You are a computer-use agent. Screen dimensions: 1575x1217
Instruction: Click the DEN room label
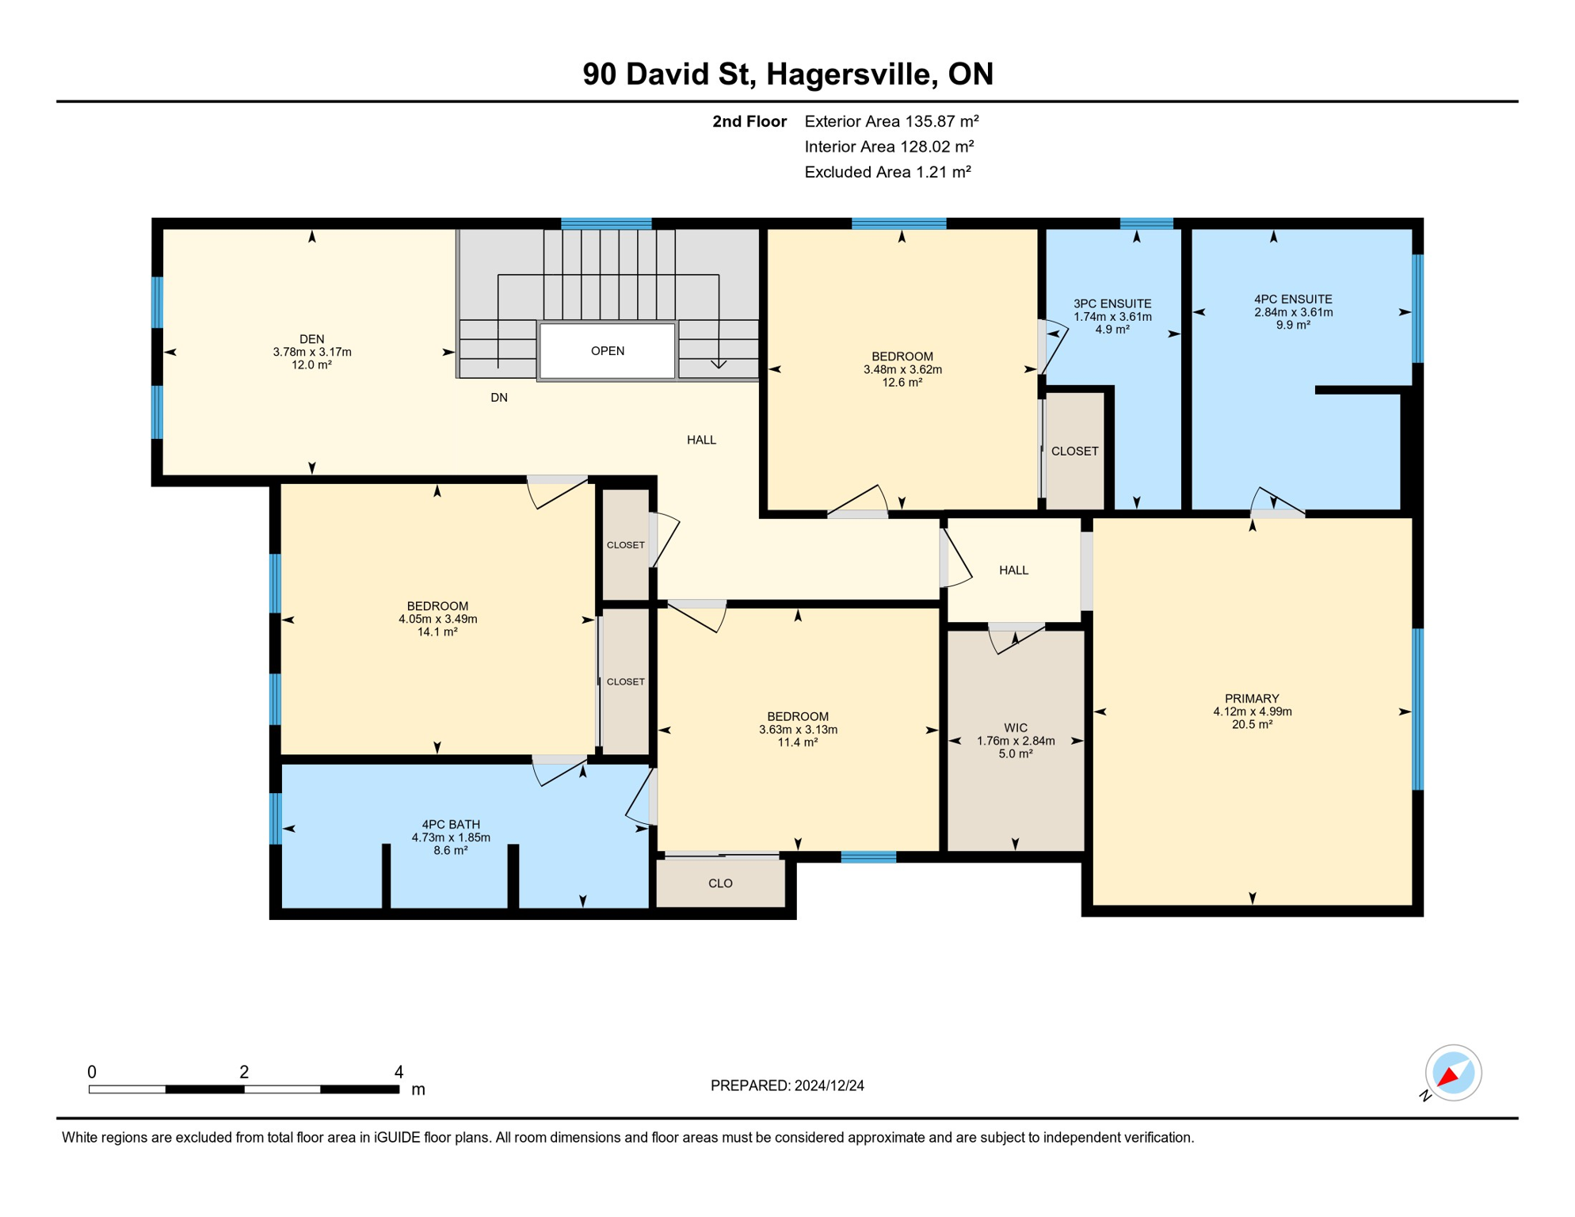point(312,339)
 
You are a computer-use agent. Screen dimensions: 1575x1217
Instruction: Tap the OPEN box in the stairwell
point(607,351)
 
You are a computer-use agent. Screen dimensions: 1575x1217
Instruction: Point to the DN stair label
point(499,398)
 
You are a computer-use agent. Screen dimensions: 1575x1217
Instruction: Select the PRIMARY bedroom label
point(1252,699)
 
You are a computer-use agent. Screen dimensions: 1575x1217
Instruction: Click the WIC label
point(1016,728)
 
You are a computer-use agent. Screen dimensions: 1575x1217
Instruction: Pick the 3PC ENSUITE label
point(1112,303)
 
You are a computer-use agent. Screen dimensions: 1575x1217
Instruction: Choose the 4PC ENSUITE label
point(1293,299)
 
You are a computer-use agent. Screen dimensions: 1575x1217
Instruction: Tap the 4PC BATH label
point(451,825)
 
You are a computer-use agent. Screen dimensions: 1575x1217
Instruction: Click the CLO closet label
point(720,883)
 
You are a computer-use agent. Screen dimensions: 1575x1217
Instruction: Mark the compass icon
point(1453,1073)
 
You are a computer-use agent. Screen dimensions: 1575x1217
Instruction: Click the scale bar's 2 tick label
point(244,1072)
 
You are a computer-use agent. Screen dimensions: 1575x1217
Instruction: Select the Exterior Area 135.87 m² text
point(891,121)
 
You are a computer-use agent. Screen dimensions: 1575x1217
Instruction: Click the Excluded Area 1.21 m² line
point(887,172)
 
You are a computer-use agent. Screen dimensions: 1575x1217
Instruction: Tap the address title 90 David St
point(665,74)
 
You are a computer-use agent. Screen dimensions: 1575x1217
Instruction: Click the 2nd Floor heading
point(749,121)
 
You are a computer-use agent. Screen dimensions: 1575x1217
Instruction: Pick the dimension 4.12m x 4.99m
point(1252,712)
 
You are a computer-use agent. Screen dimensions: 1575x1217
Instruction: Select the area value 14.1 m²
point(437,632)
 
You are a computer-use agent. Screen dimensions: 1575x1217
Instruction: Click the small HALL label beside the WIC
point(1013,570)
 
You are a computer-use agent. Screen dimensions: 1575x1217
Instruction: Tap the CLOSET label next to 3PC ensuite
point(1074,452)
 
